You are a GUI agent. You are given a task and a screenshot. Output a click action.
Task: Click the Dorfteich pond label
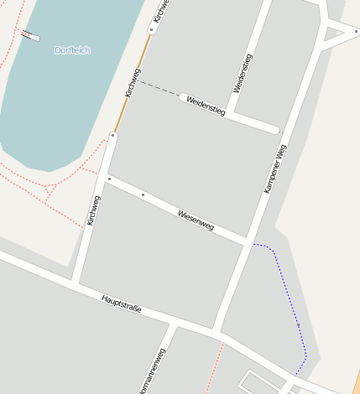(x=72, y=50)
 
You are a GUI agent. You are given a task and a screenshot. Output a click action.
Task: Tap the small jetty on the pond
(x=31, y=35)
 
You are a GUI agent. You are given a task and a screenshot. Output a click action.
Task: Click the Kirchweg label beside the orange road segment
(x=130, y=82)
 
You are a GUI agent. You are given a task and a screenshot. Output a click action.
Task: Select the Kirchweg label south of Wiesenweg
(x=93, y=211)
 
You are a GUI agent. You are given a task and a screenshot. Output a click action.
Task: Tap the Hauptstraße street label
(x=122, y=304)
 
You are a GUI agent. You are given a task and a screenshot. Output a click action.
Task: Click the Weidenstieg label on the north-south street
(x=243, y=74)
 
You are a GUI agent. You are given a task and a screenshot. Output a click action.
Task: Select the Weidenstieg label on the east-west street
(x=206, y=106)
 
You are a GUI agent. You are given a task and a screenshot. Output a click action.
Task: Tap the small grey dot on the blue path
(x=298, y=324)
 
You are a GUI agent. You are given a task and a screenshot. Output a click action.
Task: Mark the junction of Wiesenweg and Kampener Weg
(x=248, y=243)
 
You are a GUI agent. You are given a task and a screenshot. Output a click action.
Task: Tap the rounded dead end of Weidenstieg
(x=274, y=129)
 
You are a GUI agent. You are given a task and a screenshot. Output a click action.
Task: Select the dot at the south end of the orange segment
(x=113, y=135)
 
